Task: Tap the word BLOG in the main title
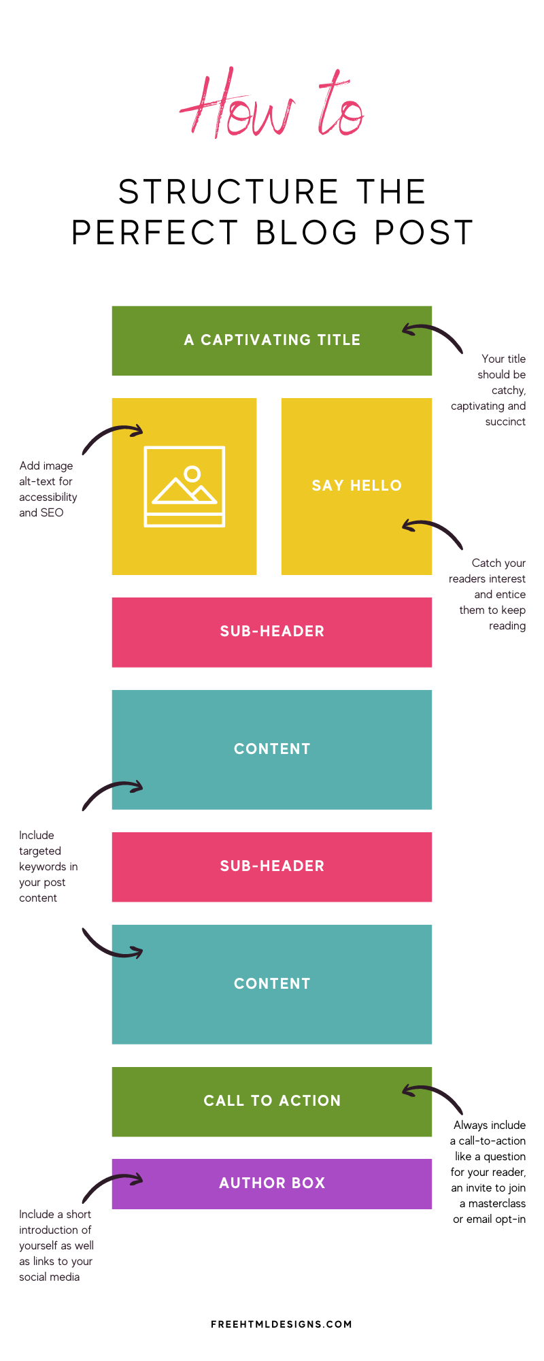click(x=307, y=233)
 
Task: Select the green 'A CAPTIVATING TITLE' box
click(x=272, y=340)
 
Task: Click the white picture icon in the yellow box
click(x=184, y=487)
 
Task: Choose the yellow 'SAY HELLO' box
click(x=356, y=486)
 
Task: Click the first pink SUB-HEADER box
click(x=272, y=632)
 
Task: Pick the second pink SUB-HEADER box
click(x=272, y=867)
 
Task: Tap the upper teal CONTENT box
click(x=272, y=750)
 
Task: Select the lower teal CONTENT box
click(x=272, y=985)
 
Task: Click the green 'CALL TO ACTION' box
click(x=272, y=1102)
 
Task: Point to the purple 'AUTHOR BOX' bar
click(x=272, y=1184)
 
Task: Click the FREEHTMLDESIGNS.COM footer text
click(x=282, y=1324)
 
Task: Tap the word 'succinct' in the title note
click(x=505, y=422)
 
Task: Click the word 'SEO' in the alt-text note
click(x=52, y=513)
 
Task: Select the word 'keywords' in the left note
click(x=43, y=867)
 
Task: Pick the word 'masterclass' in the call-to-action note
click(x=497, y=1204)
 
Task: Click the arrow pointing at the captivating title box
click(x=435, y=329)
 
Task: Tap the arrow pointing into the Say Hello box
click(x=435, y=525)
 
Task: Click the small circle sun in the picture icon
click(x=192, y=474)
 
